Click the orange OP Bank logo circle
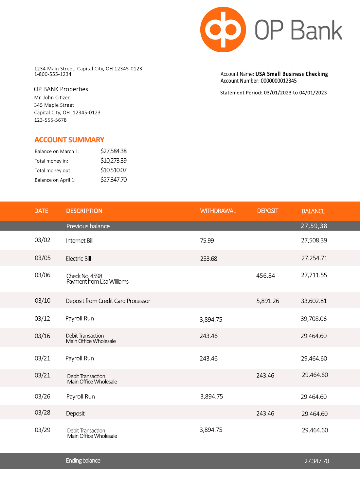[x=223, y=29]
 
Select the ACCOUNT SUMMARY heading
[x=69, y=140]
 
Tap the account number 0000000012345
[x=279, y=81]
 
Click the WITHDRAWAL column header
[x=218, y=211]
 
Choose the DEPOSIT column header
[x=267, y=211]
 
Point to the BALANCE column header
[x=313, y=211]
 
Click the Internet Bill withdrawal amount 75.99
[x=207, y=241]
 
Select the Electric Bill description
[x=78, y=259]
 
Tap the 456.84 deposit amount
[x=265, y=276]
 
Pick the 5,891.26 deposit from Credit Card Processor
[x=268, y=301]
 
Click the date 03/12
[x=42, y=319]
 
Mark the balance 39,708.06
[x=314, y=319]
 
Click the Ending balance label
[x=83, y=461]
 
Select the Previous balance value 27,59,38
[x=314, y=226]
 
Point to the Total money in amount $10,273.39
[x=113, y=161]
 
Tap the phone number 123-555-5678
[x=50, y=120]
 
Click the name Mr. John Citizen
[x=52, y=97]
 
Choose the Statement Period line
[x=273, y=93]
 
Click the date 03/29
[x=43, y=430]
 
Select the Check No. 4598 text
[x=84, y=276]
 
